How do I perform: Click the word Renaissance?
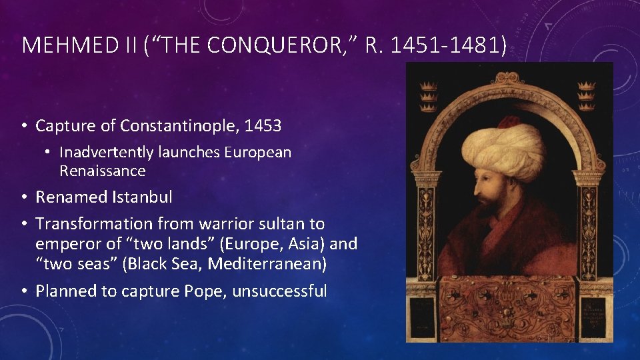click(102, 171)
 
